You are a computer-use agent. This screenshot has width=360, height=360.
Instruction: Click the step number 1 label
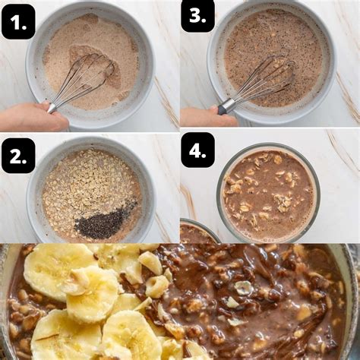18,21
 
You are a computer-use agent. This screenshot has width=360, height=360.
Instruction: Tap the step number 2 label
18,156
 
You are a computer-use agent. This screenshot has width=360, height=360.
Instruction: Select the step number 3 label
197,16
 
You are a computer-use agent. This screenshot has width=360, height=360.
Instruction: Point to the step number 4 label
197,150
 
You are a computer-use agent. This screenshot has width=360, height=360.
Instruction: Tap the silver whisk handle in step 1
52,108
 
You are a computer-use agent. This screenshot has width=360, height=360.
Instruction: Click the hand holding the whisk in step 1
33,116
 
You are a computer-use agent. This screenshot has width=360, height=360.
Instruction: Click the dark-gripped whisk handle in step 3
226,106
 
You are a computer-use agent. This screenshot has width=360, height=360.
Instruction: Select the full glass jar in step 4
268,192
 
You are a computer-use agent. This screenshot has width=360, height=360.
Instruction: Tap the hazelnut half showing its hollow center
244,288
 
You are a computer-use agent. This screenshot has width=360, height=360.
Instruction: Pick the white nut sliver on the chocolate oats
232,302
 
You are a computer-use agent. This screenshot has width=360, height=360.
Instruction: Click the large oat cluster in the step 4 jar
283,203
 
